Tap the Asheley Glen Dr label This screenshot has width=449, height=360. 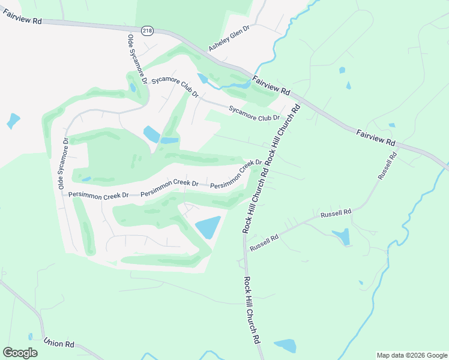coord(229,38)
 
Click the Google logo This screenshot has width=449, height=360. coord(20,353)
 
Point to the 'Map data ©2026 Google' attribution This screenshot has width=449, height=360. coord(411,355)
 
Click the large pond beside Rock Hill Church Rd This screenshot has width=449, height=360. coord(208,227)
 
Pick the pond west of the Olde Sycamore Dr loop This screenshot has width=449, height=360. coord(13,121)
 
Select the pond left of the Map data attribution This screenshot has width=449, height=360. coord(286,346)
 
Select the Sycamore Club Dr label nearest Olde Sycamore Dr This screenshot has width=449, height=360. coord(175,87)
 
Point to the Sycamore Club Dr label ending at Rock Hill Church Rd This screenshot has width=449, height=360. coord(255,113)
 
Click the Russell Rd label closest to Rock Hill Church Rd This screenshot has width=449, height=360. coord(265,242)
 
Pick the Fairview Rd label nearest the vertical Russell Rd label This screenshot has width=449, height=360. coord(375,137)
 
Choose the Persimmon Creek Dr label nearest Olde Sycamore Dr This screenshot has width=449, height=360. coord(98,194)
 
